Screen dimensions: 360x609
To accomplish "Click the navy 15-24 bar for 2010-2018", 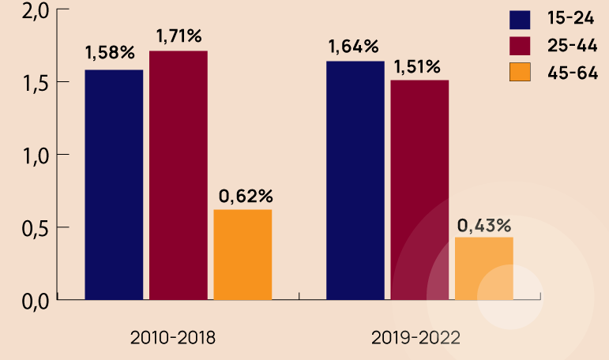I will pos(114,185).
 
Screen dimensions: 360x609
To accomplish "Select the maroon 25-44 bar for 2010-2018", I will pos(178,175).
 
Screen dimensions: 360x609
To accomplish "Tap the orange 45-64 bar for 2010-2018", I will pos(242,254).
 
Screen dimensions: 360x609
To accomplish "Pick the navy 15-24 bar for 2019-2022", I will pos(355,181).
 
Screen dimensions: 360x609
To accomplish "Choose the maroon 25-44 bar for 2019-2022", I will pos(419,189).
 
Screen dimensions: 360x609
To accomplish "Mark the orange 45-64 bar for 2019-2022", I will pos(483,268).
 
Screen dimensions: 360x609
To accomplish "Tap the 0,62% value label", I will pos(244,195).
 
